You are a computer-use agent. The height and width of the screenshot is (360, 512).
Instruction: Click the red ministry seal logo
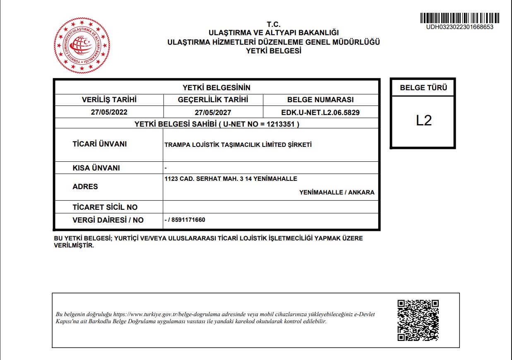(82, 45)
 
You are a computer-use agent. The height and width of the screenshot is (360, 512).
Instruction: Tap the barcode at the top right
(459, 18)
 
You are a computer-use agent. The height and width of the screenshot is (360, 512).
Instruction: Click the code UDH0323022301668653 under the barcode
(459, 27)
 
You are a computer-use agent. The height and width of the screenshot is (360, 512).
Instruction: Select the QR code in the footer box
(418, 320)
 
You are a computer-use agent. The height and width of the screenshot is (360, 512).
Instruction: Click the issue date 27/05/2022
(109, 112)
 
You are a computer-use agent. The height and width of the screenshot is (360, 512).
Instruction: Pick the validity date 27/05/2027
(213, 113)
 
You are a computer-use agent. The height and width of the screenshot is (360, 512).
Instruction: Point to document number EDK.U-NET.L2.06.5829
(320, 112)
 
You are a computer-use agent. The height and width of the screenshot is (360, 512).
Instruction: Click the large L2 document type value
(423, 120)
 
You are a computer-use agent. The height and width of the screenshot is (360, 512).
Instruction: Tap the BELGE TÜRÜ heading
(423, 88)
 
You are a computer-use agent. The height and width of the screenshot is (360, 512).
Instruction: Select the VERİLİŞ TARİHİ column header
(109, 100)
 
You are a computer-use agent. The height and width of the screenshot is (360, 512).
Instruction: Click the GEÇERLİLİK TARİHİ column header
(213, 100)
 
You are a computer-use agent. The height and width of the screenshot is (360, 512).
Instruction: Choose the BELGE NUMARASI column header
(320, 100)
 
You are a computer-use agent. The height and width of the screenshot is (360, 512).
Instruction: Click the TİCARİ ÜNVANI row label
(99, 144)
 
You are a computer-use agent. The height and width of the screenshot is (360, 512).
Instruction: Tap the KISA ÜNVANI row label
(96, 168)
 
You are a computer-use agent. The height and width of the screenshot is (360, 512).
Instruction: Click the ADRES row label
(85, 187)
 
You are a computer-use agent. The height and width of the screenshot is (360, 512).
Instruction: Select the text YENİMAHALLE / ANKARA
(337, 192)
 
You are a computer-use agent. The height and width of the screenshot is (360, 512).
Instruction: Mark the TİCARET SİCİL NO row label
(105, 207)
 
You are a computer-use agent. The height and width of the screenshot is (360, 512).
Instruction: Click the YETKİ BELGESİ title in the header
(274, 51)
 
